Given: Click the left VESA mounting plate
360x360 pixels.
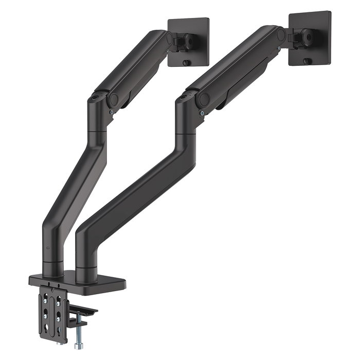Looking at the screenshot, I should pos(189,42).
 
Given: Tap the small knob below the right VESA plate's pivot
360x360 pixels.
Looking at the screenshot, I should pos(307,61).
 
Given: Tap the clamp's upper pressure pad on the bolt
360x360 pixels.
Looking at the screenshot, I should pos(82,311).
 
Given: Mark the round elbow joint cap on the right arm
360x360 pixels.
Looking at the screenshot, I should pos(204,98).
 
